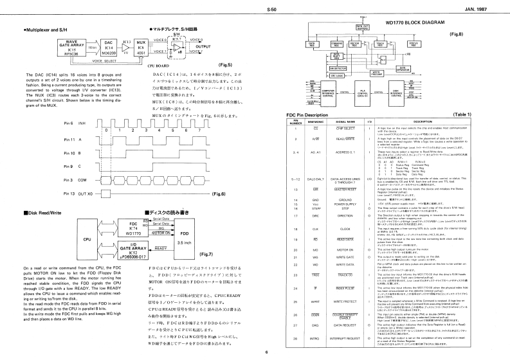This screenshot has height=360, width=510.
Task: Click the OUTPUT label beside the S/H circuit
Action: coord(203,47)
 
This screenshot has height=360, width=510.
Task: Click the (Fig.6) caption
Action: coord(220,194)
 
